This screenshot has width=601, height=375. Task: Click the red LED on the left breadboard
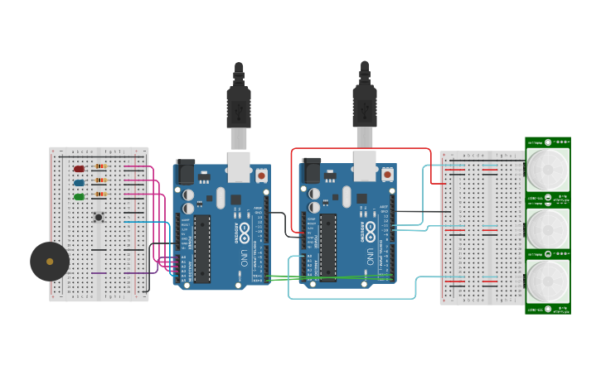80,169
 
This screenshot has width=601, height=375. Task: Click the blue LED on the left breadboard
80,183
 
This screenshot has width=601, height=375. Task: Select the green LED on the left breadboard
80,197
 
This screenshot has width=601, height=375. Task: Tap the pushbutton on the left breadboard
99,218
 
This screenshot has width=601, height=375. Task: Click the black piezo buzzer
50,262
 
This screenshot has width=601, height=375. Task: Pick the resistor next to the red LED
100,166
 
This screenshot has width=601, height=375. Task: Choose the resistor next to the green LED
100,195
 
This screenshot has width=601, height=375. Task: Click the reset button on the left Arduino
261,175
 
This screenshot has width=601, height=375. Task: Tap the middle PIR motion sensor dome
548,225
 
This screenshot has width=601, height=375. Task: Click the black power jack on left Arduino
186,171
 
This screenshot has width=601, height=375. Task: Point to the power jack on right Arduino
312,171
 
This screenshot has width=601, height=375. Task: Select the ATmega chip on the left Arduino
202,248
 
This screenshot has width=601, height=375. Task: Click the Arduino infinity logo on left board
245,228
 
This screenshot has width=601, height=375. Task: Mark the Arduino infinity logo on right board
371,228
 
